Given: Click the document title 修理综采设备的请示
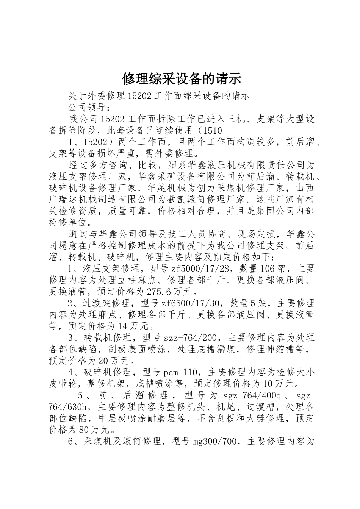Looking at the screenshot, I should (x=182, y=79).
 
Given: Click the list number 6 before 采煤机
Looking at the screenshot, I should (x=72, y=441).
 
